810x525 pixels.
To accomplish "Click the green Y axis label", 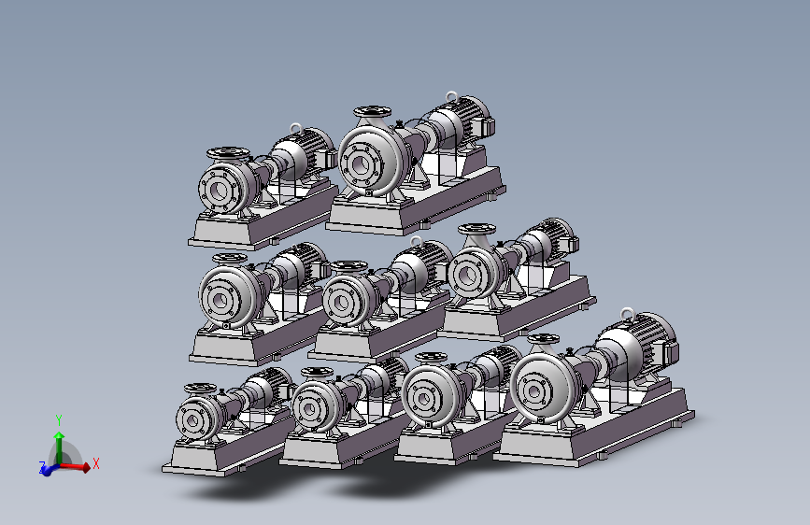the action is point(59,419).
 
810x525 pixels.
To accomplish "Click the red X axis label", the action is point(95,463).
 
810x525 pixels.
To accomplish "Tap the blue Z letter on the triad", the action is point(42,466).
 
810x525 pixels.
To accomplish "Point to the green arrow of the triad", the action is point(60,447).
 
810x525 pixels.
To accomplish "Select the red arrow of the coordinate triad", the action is point(75,467).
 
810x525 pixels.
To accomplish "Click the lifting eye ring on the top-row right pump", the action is point(451,96).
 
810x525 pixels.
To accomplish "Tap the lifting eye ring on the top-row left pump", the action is point(295,128).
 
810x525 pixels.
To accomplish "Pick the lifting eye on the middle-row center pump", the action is point(416,241).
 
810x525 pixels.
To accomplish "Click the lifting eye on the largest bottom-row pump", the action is point(627,313).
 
